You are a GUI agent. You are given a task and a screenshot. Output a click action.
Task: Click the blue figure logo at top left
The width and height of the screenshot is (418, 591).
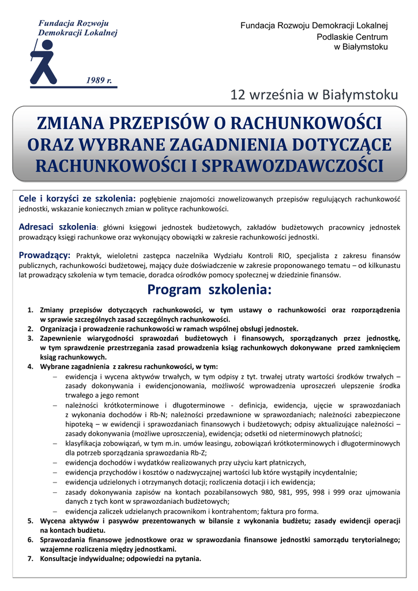point(45,61)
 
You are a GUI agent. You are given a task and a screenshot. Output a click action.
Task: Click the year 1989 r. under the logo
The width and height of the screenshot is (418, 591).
point(99,80)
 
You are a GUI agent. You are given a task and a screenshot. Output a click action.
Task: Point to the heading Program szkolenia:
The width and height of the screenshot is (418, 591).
point(209,289)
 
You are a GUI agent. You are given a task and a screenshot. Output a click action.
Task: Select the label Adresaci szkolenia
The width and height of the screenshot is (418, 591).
point(58,227)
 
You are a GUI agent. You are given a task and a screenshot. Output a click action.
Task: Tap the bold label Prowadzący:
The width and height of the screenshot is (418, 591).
point(45,255)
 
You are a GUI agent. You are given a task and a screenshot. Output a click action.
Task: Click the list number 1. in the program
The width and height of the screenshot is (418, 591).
point(31,311)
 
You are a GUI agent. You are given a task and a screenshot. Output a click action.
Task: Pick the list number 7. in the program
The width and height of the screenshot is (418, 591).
point(31,559)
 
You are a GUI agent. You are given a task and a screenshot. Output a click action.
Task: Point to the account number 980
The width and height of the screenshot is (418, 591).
point(280,492)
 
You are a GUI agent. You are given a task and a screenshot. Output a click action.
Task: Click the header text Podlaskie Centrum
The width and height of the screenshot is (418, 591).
point(353,36)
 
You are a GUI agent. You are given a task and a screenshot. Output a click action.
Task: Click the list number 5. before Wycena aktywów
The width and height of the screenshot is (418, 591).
point(31,521)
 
